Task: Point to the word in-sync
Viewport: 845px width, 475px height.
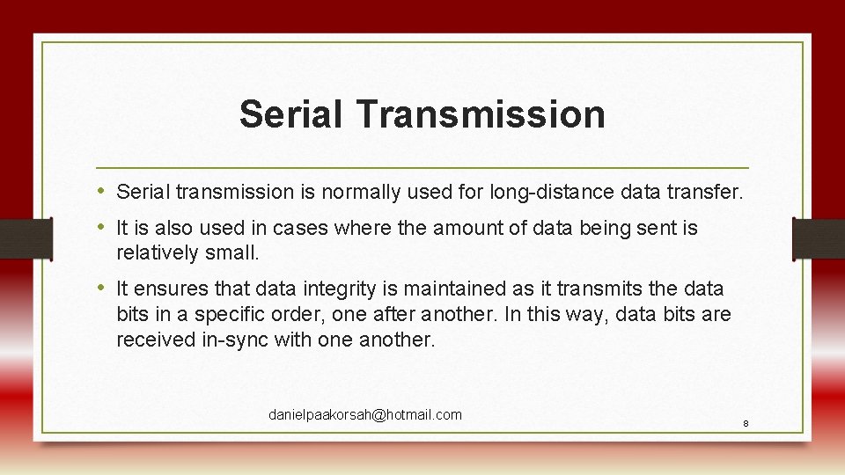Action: (x=235, y=340)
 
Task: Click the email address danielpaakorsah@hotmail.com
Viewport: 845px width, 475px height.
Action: (x=364, y=414)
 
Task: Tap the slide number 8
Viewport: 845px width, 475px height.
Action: (x=746, y=424)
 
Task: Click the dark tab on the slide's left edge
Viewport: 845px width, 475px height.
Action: (x=25, y=238)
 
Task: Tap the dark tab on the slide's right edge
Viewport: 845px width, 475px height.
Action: (x=819, y=238)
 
